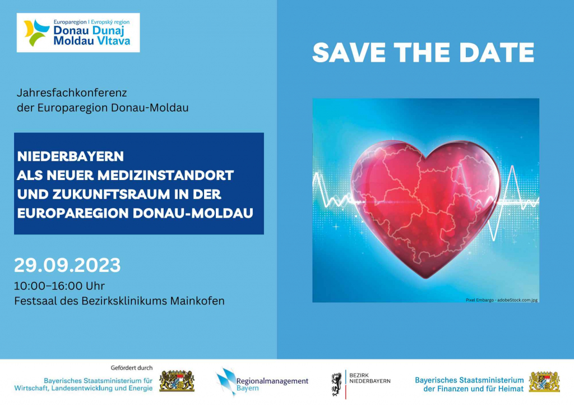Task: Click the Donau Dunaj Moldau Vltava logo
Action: [x=78, y=33]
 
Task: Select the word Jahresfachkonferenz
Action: [x=72, y=93]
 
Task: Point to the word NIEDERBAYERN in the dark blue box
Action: [x=71, y=156]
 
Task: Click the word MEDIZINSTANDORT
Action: [x=165, y=176]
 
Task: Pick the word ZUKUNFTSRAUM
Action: [x=112, y=195]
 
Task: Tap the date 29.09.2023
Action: [x=67, y=265]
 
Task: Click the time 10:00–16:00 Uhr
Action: [x=59, y=285]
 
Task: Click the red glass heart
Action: [x=425, y=209]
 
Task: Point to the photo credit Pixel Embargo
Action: [x=480, y=300]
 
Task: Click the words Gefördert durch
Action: [x=132, y=368]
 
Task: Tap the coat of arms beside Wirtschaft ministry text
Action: [x=177, y=381]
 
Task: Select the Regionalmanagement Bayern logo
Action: [x=262, y=382]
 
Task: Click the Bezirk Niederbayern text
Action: [x=370, y=378]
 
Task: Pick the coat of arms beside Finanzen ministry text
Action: [x=545, y=381]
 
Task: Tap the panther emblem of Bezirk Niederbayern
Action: [x=337, y=384]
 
